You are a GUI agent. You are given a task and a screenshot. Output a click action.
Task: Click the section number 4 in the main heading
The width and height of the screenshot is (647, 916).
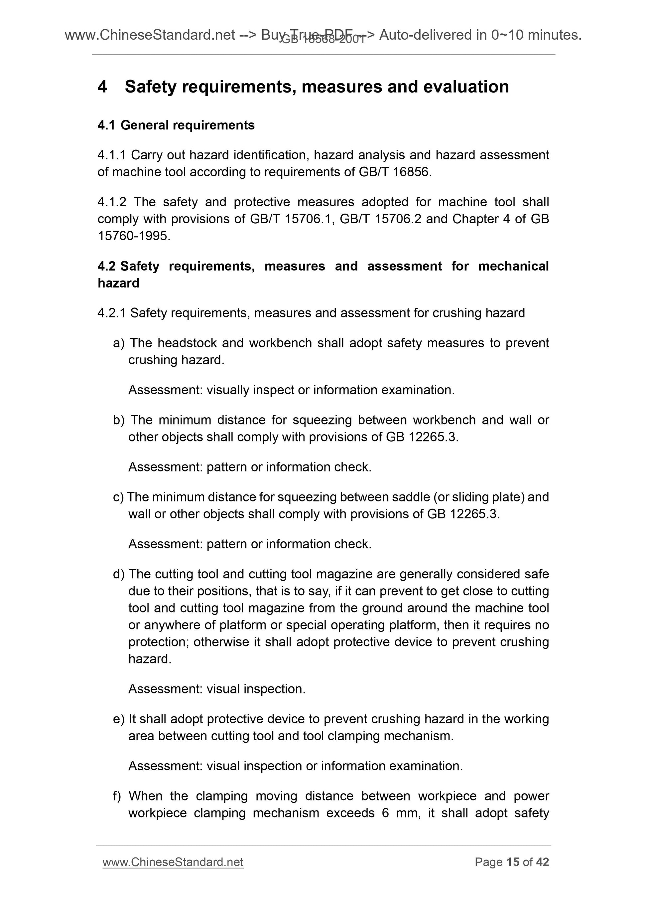102,87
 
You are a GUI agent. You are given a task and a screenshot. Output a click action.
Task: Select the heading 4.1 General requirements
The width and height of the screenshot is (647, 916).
176,125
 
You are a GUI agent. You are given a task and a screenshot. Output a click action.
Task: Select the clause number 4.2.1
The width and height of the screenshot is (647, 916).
112,313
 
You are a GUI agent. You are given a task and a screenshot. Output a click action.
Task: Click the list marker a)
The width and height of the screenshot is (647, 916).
118,343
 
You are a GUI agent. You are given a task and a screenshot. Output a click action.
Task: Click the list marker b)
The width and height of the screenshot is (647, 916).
118,420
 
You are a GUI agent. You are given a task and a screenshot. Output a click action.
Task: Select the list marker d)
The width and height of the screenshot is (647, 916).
118,574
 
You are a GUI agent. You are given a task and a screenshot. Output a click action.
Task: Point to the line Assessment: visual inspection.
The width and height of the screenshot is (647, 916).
217,689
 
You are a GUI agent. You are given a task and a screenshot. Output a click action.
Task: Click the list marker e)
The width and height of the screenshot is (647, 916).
118,719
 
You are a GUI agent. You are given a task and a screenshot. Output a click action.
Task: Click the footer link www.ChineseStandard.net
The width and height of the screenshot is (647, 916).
173,862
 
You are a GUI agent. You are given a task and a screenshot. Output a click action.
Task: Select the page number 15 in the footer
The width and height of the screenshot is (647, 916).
512,862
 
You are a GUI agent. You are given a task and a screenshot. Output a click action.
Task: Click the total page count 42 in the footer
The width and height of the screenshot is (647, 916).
542,862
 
